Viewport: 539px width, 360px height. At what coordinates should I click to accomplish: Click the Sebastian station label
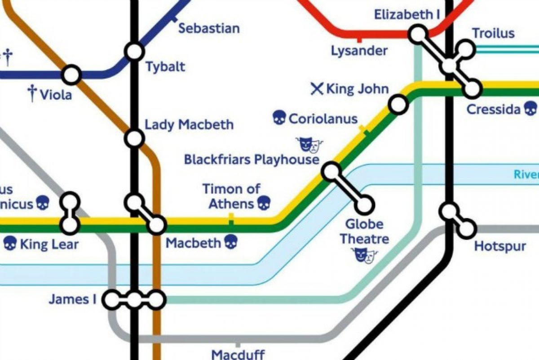click(208, 28)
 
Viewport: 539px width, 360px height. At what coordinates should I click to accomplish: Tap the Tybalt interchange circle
click(134, 52)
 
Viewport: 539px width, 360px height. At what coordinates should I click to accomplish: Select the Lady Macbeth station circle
click(134, 138)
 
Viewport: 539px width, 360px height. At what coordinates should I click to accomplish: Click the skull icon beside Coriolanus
click(279, 119)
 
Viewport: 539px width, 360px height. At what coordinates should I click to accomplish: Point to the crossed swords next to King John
click(317, 89)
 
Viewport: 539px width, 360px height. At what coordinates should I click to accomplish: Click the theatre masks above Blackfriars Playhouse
click(309, 144)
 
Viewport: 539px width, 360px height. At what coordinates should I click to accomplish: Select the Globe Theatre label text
click(364, 231)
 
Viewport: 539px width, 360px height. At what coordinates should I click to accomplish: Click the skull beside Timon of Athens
click(264, 203)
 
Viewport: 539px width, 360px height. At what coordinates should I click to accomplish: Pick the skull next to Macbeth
click(230, 243)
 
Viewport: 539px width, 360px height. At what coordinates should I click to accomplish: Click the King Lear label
click(49, 244)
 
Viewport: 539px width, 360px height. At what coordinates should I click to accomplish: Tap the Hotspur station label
click(500, 246)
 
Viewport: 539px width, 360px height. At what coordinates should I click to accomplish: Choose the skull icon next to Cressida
click(530, 108)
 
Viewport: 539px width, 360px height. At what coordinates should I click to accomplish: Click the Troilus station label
click(493, 33)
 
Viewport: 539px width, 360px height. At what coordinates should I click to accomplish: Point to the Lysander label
click(359, 50)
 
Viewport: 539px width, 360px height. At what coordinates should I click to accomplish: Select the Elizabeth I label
click(407, 15)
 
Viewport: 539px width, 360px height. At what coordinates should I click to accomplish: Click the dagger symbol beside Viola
click(32, 93)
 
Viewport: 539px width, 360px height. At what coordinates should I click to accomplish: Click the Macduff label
click(238, 354)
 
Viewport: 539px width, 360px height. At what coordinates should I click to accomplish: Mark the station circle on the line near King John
click(398, 104)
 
